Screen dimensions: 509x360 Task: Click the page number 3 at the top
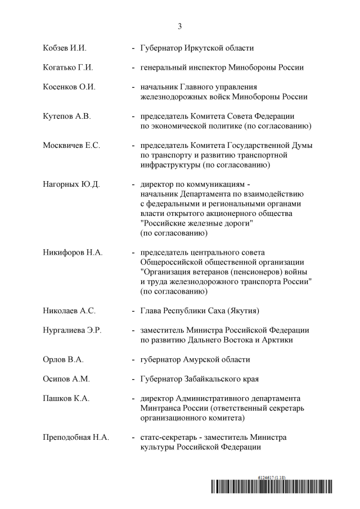(x=180, y=26)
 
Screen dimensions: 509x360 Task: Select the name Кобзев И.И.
(x=64, y=48)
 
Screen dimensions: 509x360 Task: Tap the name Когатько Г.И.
(x=67, y=67)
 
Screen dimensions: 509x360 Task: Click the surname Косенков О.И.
(x=69, y=87)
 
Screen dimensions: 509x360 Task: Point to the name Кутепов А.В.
(x=66, y=116)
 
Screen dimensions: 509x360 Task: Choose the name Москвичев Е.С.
(x=71, y=146)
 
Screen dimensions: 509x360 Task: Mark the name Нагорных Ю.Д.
(x=71, y=184)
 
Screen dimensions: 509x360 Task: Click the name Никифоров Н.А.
(x=73, y=253)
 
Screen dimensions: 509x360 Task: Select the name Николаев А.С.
(x=69, y=310)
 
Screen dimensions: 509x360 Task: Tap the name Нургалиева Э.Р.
(x=72, y=330)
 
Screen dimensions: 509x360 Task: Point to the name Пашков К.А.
(x=66, y=399)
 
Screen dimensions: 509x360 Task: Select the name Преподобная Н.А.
(x=76, y=438)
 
